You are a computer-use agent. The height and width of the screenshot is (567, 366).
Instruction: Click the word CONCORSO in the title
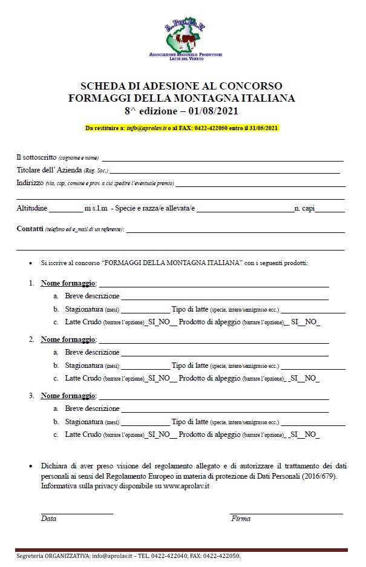point(251,86)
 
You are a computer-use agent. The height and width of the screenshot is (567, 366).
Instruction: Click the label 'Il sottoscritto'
point(37,157)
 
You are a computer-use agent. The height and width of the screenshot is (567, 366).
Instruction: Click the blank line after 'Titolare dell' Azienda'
point(224,172)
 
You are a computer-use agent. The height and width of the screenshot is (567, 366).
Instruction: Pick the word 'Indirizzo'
point(30,182)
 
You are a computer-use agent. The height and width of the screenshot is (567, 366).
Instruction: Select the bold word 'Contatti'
point(29,229)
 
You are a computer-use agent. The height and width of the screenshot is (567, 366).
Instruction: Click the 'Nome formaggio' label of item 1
point(68,284)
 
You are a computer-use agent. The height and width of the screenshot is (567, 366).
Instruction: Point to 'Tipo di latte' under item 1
point(190,309)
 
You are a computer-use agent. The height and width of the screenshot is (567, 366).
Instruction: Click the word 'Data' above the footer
point(48,519)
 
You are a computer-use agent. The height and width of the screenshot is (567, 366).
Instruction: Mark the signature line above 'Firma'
point(286,513)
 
